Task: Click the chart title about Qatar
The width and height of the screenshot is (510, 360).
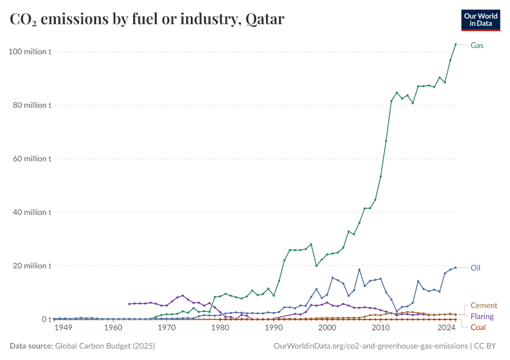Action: coord(147,20)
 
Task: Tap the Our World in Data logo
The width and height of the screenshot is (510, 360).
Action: coord(481,20)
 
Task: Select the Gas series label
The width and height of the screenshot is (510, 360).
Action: coord(477,46)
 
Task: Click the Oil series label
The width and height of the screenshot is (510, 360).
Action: coord(475,268)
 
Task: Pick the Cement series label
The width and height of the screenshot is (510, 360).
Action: coord(484,305)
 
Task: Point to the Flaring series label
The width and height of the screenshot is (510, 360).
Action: coord(482,316)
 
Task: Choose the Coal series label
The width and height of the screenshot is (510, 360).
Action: coord(478,327)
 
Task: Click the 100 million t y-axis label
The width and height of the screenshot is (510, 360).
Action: coord(30,52)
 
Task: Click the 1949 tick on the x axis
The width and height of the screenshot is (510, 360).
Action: coord(63,328)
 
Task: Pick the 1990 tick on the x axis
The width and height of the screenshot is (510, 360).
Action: coord(274,328)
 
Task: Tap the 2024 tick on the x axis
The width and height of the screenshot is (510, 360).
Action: coord(446,328)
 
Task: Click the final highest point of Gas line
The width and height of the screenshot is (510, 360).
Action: coord(455,44)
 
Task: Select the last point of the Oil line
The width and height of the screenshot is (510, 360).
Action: coord(455,268)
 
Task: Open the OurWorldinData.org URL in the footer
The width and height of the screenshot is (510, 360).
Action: coord(370,346)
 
